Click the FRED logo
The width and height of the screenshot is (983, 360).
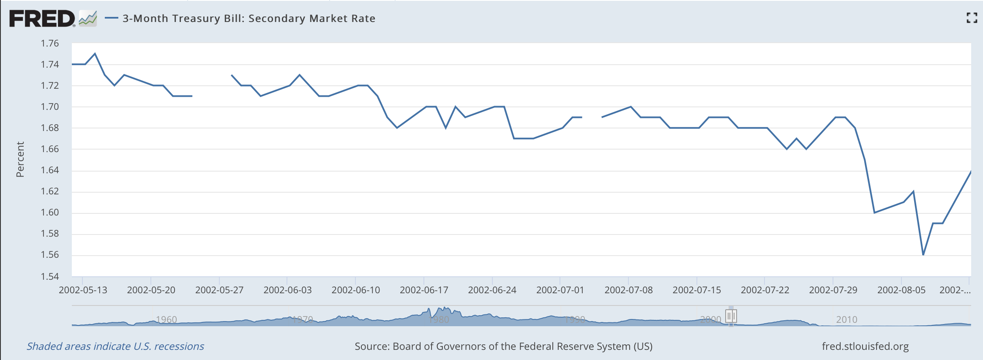pyautogui.click(x=42, y=19)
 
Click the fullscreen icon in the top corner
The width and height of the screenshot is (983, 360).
pyautogui.click(x=972, y=18)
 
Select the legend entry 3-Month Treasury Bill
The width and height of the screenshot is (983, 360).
pyautogui.click(x=248, y=19)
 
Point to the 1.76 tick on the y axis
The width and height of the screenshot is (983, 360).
pyautogui.click(x=50, y=43)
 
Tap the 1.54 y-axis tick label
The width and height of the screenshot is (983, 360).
pyautogui.click(x=50, y=276)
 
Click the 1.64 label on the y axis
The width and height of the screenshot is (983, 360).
pyautogui.click(x=50, y=170)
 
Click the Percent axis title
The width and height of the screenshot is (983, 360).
pyautogui.click(x=20, y=159)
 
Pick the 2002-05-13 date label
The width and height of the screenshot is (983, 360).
pyautogui.click(x=83, y=290)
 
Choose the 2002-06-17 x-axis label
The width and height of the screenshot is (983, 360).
pyautogui.click(x=424, y=290)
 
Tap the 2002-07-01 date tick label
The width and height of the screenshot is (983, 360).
pyautogui.click(x=560, y=290)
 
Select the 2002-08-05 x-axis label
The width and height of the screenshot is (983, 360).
pyautogui.click(x=901, y=290)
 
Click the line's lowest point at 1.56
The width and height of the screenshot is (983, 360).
pyautogui.click(x=923, y=255)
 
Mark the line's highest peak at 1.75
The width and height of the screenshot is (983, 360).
pyautogui.click(x=95, y=54)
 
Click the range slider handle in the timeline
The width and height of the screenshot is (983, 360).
pyautogui.click(x=731, y=316)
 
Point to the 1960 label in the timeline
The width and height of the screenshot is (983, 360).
pyautogui.click(x=166, y=319)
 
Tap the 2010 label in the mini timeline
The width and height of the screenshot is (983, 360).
pyautogui.click(x=846, y=319)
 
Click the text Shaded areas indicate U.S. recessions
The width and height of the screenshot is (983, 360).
pyautogui.click(x=115, y=346)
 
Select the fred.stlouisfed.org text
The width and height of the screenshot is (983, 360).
pyautogui.click(x=865, y=346)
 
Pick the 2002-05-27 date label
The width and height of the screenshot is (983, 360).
pyautogui.click(x=219, y=290)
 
